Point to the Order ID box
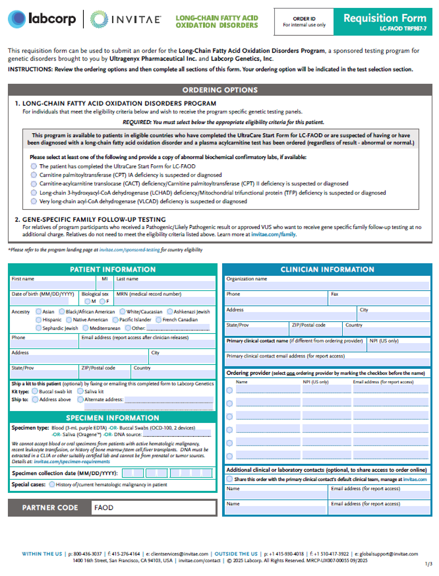tap(304, 22)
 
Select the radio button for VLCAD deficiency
tap(34, 201)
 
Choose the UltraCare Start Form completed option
tap(34, 166)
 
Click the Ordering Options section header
tap(219, 90)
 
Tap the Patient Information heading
tap(112, 270)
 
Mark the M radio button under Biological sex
tap(87, 301)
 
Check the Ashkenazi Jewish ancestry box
tap(169, 311)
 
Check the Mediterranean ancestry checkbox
tap(84, 328)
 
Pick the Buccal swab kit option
tap(34, 391)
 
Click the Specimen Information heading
tap(112, 418)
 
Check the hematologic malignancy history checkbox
tap(51, 485)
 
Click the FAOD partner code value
tap(103, 508)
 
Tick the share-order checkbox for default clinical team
tap(229, 479)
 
